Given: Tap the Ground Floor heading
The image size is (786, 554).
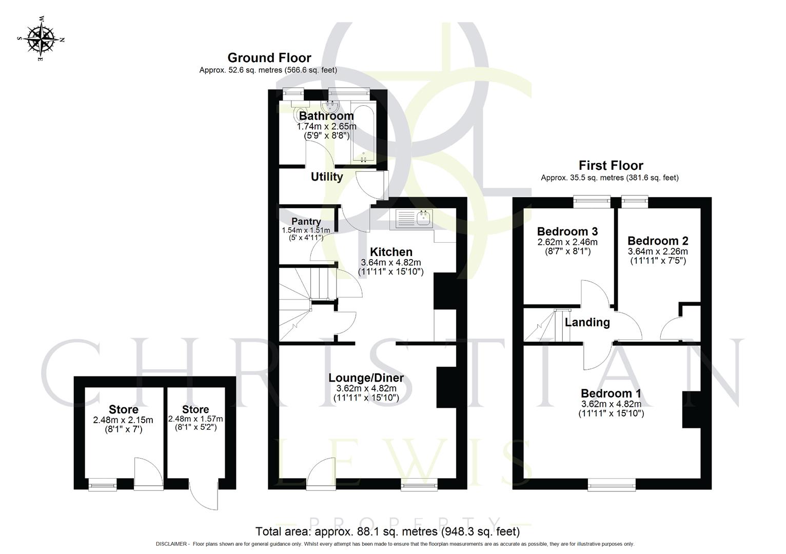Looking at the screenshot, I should click(269, 57).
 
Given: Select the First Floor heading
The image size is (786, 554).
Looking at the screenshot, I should click(611, 165).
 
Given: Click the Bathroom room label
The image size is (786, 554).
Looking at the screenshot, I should click(326, 116).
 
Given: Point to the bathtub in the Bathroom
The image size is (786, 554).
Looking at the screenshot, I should click(364, 134).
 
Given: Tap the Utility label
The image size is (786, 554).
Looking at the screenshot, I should click(327, 177).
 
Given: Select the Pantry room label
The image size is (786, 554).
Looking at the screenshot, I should click(306, 222).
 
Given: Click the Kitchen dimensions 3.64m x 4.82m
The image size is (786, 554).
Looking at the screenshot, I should click(390, 262).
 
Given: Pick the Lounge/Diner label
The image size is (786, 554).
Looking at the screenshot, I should click(366, 378).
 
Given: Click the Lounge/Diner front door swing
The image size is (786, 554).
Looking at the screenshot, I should click(323, 470).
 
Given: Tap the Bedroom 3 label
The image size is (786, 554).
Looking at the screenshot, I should click(567, 231).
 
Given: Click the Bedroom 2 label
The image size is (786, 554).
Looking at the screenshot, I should click(658, 241).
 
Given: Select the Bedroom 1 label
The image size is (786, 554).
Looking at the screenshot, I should click(611, 393).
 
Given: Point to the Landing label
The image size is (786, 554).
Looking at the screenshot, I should click(587, 322).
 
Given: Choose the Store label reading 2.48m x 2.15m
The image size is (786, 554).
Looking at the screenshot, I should click(123, 409).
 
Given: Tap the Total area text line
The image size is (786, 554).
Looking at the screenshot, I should click(387, 531).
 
